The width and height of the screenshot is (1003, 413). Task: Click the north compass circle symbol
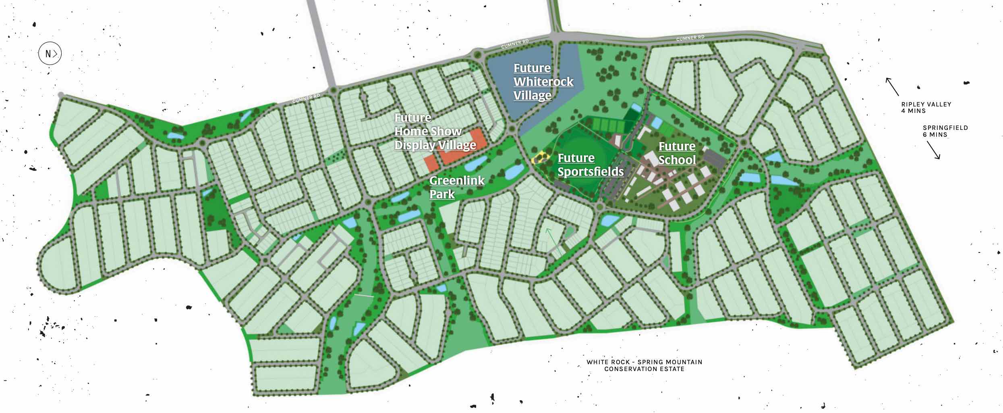point(50,54)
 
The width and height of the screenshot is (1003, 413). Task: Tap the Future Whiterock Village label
point(543,82)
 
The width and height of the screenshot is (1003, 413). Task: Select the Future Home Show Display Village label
point(435,131)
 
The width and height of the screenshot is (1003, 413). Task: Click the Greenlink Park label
point(457,187)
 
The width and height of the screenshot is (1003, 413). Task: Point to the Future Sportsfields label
point(591,165)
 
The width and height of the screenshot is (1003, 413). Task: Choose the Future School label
point(677,153)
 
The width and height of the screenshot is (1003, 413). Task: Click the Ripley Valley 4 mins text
point(926,107)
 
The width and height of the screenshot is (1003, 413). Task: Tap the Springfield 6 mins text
point(945,131)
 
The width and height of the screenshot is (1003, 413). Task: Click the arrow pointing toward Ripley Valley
point(892,86)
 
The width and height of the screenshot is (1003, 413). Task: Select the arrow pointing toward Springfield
point(933,150)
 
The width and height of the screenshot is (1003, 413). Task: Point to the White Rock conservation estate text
point(644,365)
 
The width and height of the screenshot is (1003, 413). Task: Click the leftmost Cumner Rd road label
point(306,98)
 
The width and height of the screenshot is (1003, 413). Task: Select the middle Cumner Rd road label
point(515,44)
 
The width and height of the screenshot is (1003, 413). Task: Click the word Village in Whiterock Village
point(533,96)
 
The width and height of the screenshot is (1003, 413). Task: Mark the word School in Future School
point(677,160)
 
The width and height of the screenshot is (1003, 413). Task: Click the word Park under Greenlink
point(442,194)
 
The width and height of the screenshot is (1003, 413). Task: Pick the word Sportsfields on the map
point(591,172)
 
